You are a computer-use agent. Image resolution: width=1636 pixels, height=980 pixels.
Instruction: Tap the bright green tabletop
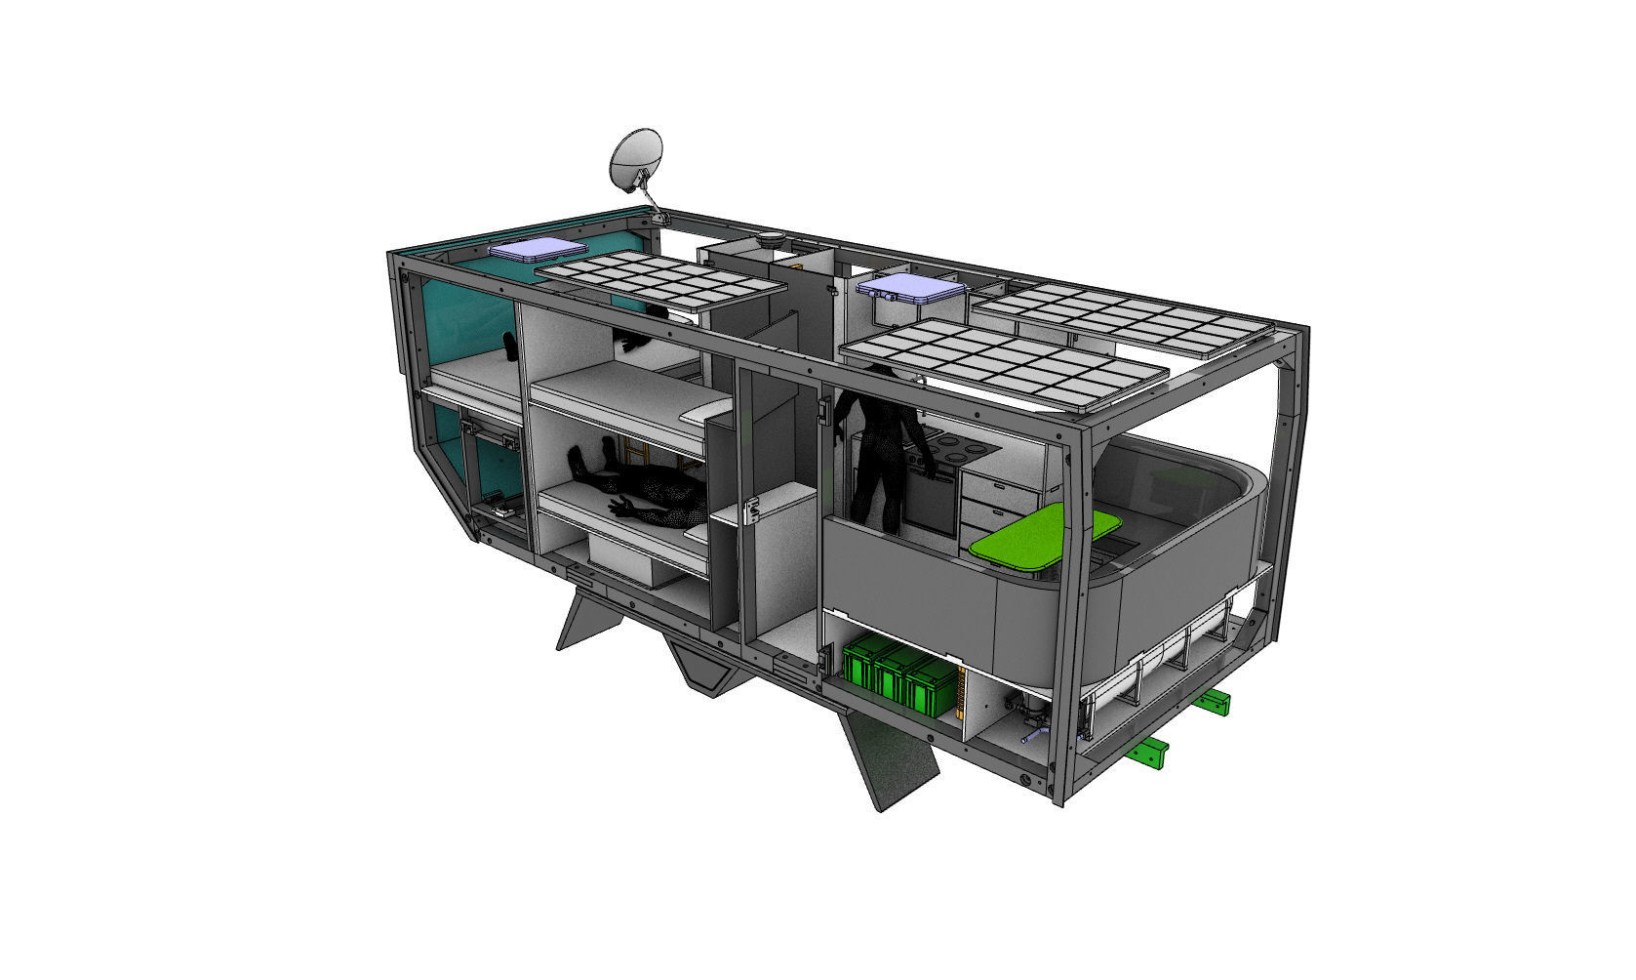coord(1044,538)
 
